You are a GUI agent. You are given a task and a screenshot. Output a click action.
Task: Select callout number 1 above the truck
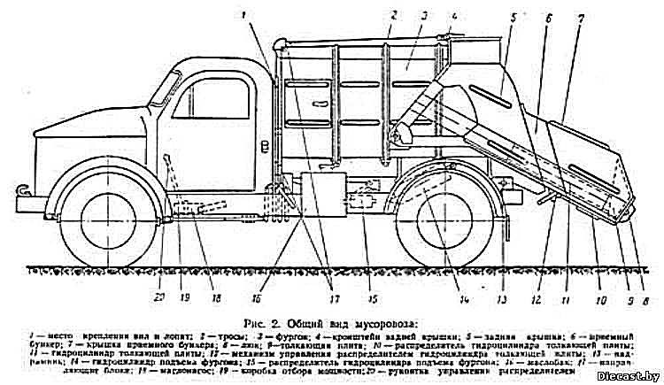[x=245, y=13]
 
